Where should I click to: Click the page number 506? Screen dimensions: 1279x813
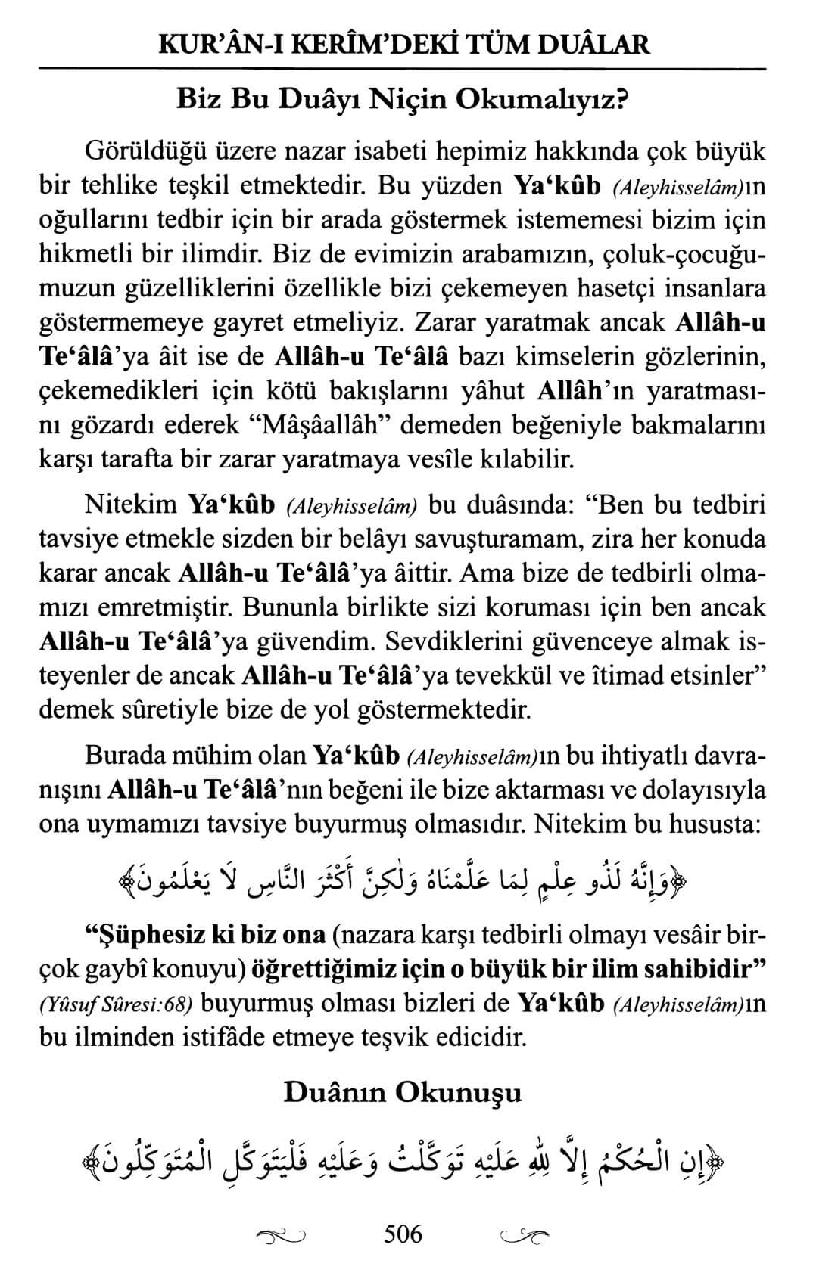(403, 1234)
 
